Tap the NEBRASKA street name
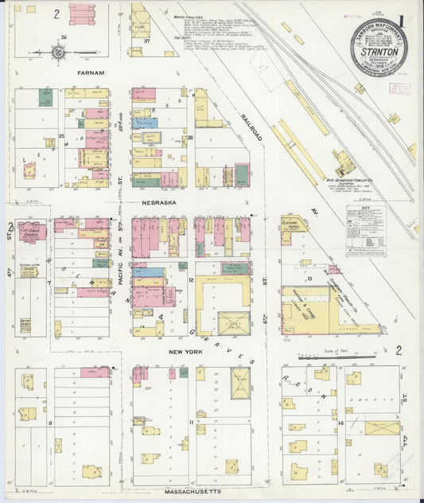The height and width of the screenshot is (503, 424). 159,203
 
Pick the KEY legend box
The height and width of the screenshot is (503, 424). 366,231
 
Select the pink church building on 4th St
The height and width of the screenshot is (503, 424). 33,232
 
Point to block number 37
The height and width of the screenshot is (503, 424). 148,41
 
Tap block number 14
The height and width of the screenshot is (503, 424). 340,422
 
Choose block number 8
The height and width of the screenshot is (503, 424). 49,423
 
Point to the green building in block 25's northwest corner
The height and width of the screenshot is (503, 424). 45,99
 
